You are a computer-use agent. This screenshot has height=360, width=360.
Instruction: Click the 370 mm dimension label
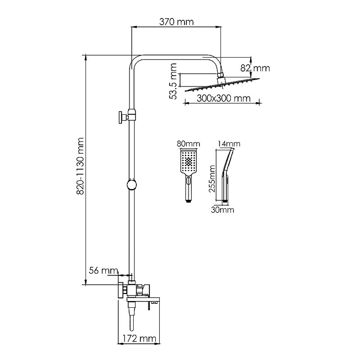click(x=176, y=22)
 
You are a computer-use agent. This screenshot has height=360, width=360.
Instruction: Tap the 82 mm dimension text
click(x=255, y=68)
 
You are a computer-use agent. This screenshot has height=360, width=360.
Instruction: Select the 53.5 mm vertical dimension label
click(x=173, y=81)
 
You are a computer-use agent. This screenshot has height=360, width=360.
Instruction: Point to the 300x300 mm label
click(x=224, y=99)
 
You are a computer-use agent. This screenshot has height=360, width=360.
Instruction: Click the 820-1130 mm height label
click(x=80, y=166)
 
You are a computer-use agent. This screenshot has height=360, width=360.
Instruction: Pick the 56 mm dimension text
click(x=103, y=270)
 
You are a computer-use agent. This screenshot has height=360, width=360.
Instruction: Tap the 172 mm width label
click(x=139, y=338)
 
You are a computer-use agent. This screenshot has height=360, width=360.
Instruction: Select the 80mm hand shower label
click(x=188, y=144)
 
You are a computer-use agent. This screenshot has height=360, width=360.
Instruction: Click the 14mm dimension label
click(x=229, y=144)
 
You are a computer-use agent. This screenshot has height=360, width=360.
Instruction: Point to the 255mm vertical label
click(x=212, y=179)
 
